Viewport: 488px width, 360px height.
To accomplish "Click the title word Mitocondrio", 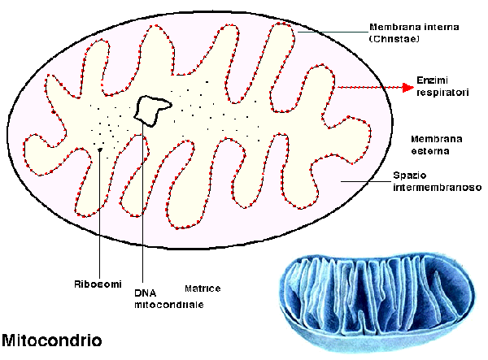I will click(52, 339).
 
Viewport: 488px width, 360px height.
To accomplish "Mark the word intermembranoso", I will click(438, 187).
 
